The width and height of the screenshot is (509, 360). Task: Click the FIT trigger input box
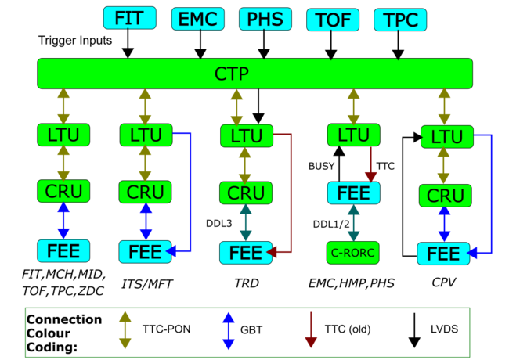pos(129,18)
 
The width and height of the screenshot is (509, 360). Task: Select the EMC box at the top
pos(198,19)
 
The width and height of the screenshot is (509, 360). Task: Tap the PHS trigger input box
pos(265,19)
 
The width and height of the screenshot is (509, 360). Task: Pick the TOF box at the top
pos(333,20)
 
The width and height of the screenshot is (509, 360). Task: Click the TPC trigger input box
pos(400,20)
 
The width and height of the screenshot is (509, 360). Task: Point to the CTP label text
pos(232,74)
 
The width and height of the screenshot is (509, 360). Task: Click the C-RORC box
pos(353,253)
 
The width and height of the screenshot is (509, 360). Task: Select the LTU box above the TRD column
pos(247,135)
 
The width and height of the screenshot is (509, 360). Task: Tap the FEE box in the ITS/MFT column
pos(145,252)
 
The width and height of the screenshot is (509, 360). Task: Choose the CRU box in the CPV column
pos(445,196)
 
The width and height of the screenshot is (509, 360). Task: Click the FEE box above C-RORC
pos(353,193)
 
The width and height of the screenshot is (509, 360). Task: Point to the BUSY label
pos(321,166)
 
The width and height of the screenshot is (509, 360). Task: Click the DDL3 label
pos(218,224)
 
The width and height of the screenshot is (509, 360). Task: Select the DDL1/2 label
pos(331,224)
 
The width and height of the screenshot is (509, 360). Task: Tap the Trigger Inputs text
pos(75,41)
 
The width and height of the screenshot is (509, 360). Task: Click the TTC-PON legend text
pos(166,329)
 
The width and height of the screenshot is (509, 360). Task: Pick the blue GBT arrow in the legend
pos(229,331)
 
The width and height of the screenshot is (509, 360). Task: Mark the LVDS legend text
pos(444,329)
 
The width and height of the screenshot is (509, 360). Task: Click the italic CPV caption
pos(444,283)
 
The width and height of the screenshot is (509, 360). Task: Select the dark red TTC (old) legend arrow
pos(311,329)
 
